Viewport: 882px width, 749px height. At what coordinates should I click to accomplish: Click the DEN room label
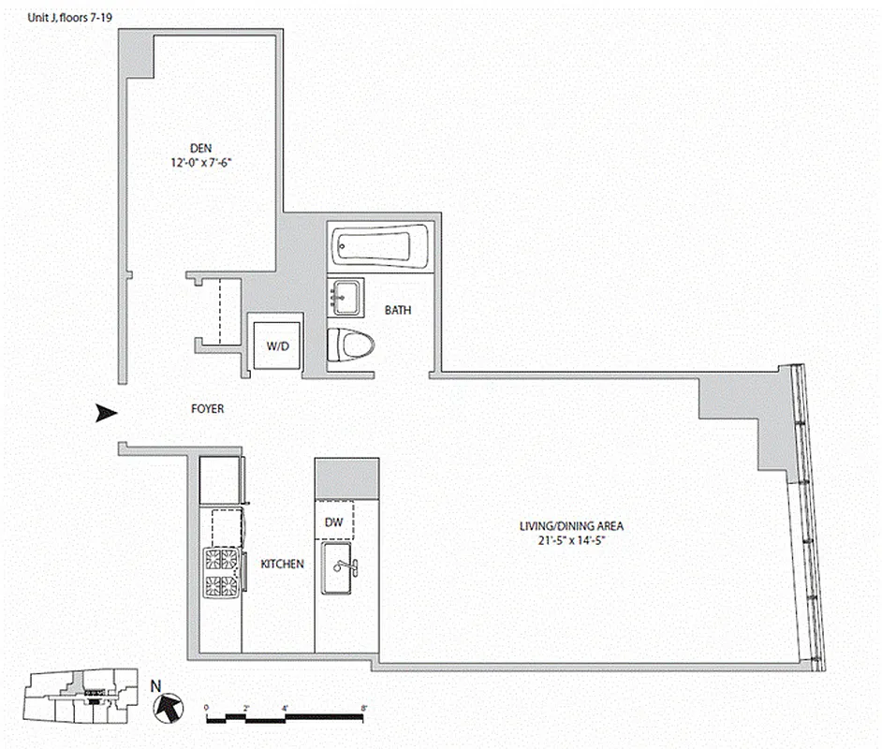point(200,147)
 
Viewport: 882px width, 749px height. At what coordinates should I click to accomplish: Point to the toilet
point(351,345)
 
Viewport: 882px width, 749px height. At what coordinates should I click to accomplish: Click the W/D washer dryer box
point(277,346)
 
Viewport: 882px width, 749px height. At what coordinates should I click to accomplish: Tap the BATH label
point(398,310)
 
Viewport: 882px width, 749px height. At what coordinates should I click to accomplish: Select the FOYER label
point(207,409)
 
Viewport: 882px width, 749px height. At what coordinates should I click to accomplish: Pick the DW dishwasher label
point(334,522)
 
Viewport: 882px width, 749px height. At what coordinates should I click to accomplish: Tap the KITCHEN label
point(282,565)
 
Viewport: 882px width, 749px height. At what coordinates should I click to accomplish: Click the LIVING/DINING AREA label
point(571,526)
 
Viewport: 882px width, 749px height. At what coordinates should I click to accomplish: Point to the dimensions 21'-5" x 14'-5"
point(571,540)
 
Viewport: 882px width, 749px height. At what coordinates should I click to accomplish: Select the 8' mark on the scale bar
point(361,708)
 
